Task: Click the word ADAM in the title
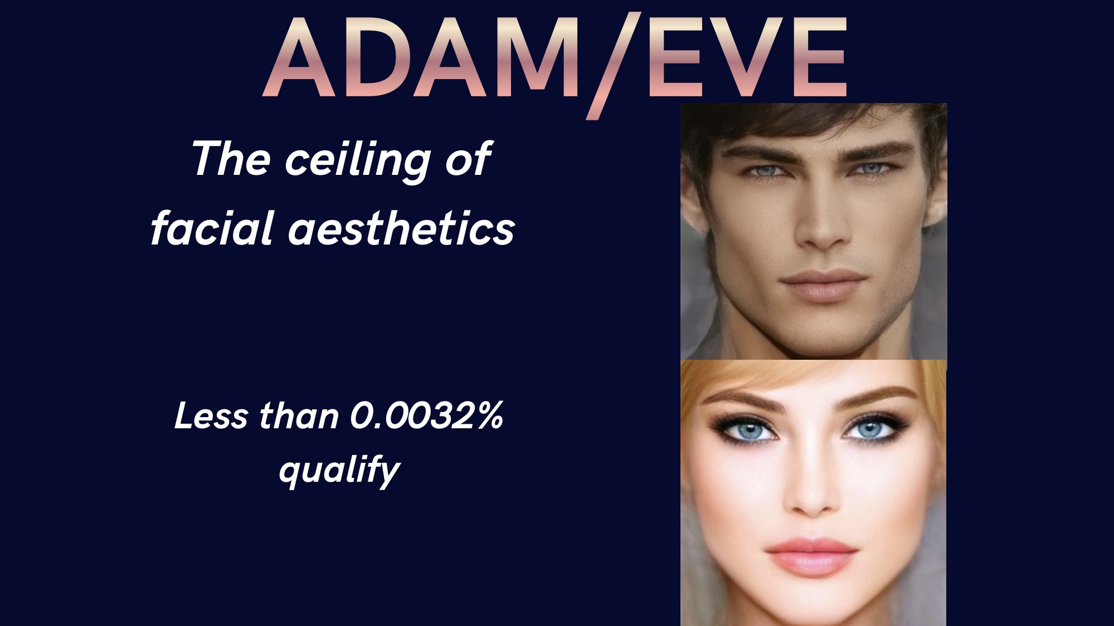[x=422, y=57]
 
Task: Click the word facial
[x=212, y=228]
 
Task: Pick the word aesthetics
[x=401, y=229]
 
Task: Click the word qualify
[x=339, y=471]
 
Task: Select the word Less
[x=211, y=416]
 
